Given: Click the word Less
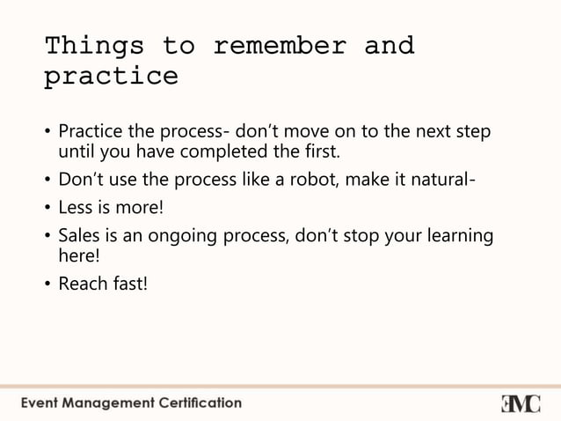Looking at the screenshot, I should click(x=76, y=210).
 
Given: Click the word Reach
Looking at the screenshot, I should click(x=82, y=284).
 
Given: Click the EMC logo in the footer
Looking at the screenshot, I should click(x=521, y=403).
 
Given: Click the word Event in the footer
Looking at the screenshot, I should click(x=40, y=403).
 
